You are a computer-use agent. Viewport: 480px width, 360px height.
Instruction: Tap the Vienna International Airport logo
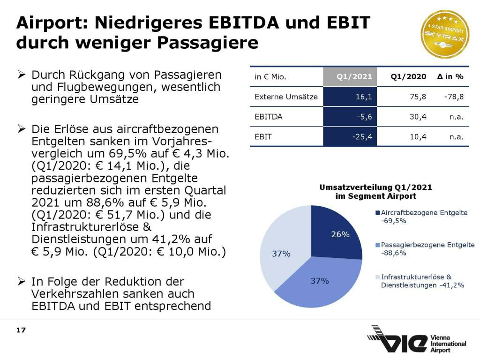click(417, 339)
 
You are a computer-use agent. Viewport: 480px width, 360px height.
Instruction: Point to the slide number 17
click(21, 330)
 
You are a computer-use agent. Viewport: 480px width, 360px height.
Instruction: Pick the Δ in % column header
click(450, 77)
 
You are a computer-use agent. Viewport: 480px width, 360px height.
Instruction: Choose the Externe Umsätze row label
click(286, 97)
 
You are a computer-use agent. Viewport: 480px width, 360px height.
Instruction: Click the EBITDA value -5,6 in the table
click(364, 117)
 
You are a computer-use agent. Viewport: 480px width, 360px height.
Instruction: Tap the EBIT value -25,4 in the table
click(361, 137)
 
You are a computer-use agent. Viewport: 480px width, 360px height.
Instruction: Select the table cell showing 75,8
click(418, 97)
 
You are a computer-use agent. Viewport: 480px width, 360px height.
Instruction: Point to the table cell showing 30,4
click(418, 117)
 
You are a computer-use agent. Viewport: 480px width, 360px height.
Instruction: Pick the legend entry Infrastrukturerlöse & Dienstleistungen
click(422, 281)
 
